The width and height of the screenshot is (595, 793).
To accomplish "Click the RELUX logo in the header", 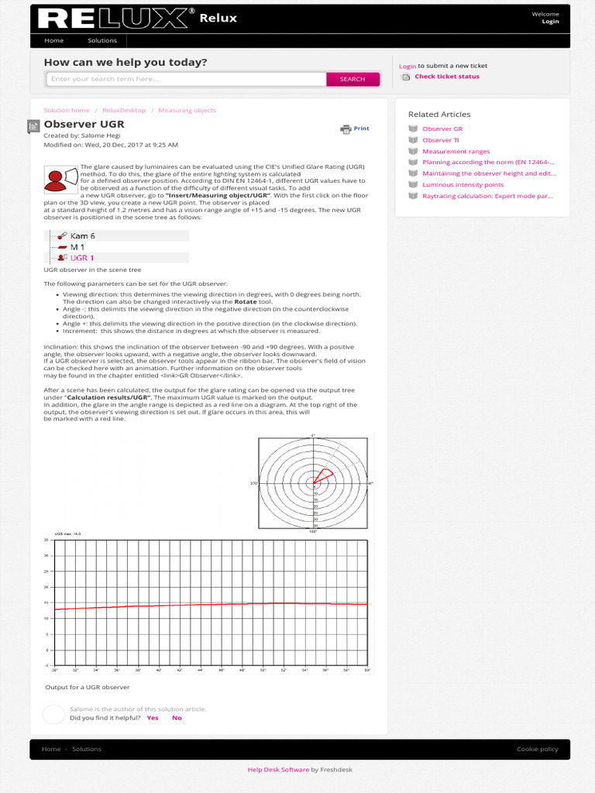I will click(116, 19).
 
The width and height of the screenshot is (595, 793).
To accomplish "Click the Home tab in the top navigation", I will click(54, 40).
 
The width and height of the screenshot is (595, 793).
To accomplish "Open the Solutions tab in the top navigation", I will click(102, 40).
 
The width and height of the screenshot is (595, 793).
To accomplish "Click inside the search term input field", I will click(186, 79).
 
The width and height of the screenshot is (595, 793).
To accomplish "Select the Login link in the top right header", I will click(550, 22).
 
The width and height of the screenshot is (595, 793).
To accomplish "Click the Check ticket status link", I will click(446, 77).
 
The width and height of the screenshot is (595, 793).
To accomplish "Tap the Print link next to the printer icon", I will click(361, 129).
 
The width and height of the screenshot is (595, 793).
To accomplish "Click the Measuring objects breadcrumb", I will click(187, 111).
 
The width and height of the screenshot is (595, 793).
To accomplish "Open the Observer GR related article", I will click(442, 129).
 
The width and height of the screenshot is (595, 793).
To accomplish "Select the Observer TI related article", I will click(440, 140).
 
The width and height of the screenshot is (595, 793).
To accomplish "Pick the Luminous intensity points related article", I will click(463, 185).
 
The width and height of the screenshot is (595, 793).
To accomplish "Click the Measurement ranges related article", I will click(456, 152).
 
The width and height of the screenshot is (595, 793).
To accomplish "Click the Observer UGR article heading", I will click(84, 124).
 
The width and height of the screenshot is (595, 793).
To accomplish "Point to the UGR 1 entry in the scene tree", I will click(82, 258).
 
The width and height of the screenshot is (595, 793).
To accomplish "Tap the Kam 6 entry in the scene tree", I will click(82, 235).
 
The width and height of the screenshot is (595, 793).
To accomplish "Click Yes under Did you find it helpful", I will click(153, 718).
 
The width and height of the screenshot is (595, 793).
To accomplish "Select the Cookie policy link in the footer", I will click(537, 749).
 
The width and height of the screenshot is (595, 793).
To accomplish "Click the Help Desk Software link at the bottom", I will click(278, 770).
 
